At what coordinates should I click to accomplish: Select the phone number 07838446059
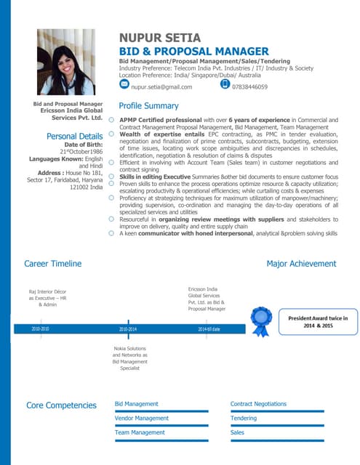pos(249,87)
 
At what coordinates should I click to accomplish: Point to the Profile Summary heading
pos(148,106)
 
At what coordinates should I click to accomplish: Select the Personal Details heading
pos(74,136)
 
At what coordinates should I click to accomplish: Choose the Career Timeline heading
pos(52,264)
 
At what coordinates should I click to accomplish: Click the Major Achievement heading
pos(301,264)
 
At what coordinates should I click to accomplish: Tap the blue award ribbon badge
pos(260,320)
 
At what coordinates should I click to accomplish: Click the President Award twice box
pos(317,322)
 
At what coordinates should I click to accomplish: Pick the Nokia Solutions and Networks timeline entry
pos(129,358)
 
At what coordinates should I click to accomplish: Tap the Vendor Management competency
pos(142,418)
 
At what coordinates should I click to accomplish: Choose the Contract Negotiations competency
pos(258,403)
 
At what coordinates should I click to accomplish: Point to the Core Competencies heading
pos(61,405)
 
